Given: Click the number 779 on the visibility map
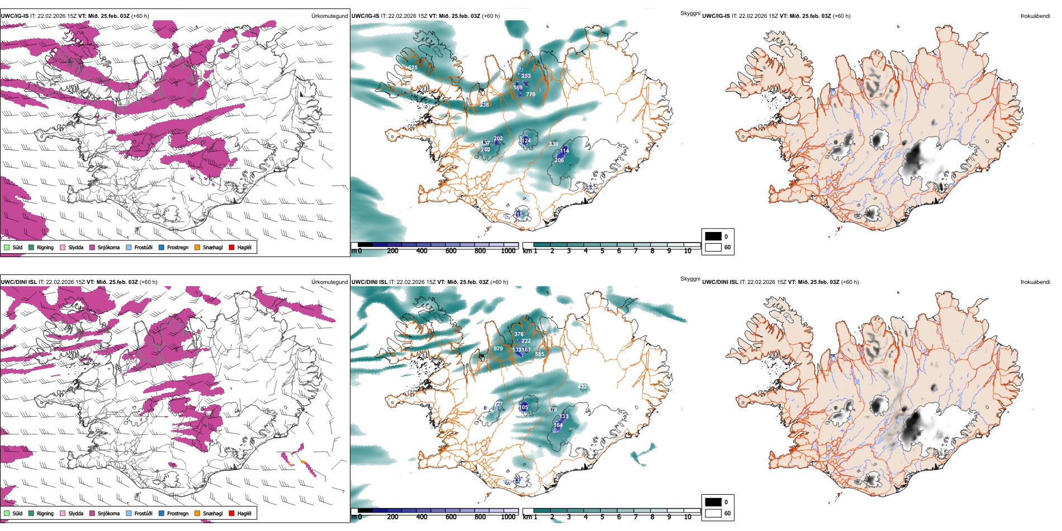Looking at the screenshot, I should pyautogui.click(x=530, y=94).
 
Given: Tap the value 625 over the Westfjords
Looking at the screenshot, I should pyautogui.click(x=413, y=68).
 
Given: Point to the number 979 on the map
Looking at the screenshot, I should pyautogui.click(x=498, y=349).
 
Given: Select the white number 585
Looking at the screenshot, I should pyautogui.click(x=539, y=354).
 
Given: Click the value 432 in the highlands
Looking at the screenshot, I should pyautogui.click(x=582, y=387).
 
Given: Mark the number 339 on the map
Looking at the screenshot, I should pyautogui.click(x=553, y=144).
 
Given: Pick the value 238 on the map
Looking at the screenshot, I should pyautogui.click(x=484, y=105).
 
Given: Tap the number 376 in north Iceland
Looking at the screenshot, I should pyautogui.click(x=519, y=334).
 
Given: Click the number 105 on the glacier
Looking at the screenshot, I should pyautogui.click(x=524, y=407).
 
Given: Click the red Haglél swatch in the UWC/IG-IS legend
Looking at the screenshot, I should pyautogui.click(x=231, y=247).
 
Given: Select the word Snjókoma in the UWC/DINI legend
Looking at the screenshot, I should pyautogui.click(x=108, y=513).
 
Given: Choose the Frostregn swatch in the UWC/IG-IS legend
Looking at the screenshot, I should pyautogui.click(x=162, y=247).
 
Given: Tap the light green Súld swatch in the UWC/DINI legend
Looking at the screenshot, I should pyautogui.click(x=7, y=513).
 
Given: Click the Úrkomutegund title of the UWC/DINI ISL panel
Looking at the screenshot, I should pyautogui.click(x=329, y=282).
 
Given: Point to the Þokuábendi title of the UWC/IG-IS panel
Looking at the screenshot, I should pyautogui.click(x=1035, y=16).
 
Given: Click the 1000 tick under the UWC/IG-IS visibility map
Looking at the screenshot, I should pyautogui.click(x=508, y=251).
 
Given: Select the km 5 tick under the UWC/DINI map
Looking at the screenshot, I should pyautogui.click(x=603, y=517).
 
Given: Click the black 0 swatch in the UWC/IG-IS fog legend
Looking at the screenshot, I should pyautogui.click(x=713, y=236).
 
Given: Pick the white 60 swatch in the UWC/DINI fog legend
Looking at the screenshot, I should pyautogui.click(x=713, y=513).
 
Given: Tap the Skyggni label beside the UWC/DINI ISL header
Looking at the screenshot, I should pyautogui.click(x=690, y=278).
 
